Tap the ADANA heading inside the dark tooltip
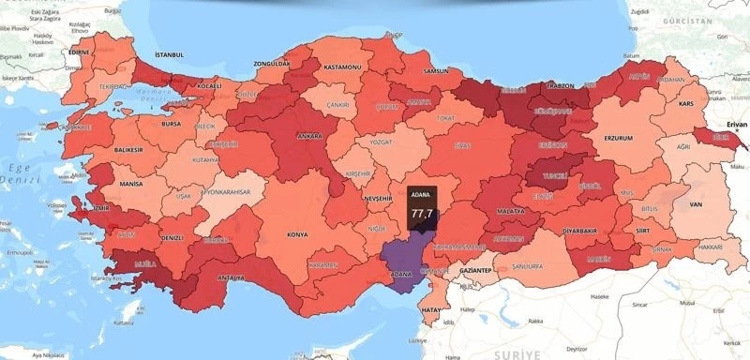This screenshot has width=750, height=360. [x=421, y=196]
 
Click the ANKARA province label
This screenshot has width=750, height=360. [x=309, y=136]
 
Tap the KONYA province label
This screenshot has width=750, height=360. [x=298, y=233]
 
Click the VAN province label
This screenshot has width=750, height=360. [x=695, y=203]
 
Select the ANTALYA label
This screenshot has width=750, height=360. [x=231, y=277]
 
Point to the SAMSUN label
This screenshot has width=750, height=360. [x=436, y=71]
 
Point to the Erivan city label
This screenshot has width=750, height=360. [x=731, y=122]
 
